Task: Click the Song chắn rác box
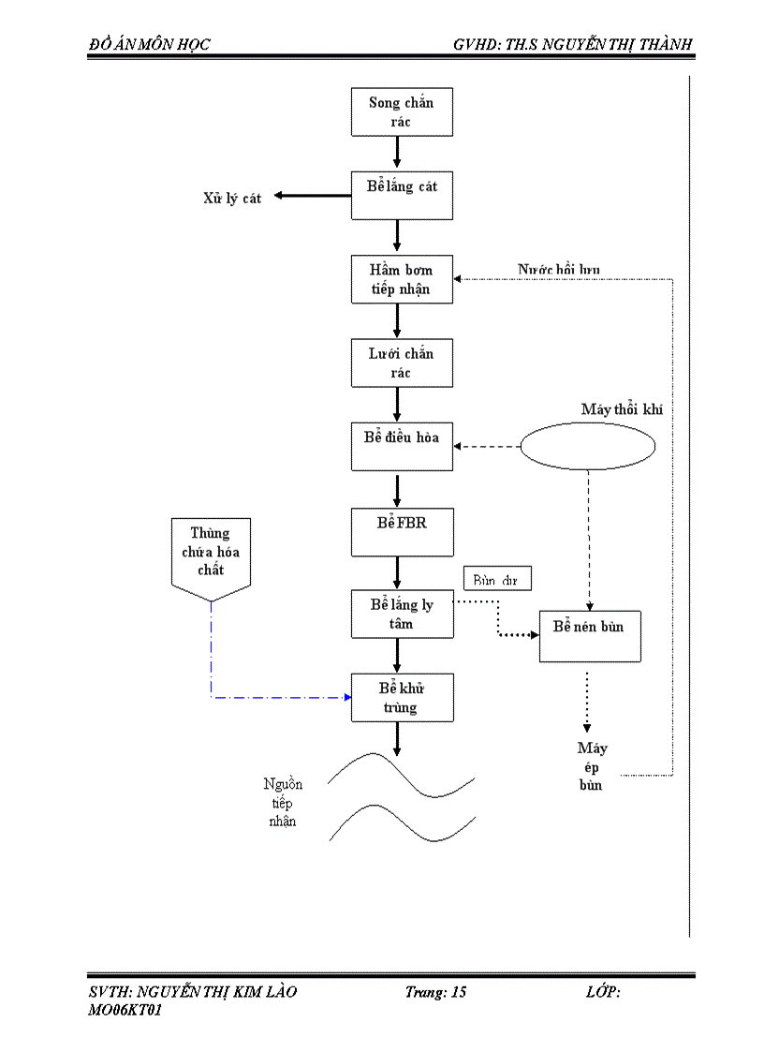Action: coord(402,111)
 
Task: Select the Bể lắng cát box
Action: coord(402,195)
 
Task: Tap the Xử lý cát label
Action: coord(232,198)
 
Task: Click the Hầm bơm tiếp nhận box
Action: coord(402,279)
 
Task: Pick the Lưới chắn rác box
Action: coord(402,363)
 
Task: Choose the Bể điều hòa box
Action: coord(402,446)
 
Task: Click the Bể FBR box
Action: coord(402,531)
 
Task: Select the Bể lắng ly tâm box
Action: coord(402,615)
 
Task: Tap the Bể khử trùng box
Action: coord(402,698)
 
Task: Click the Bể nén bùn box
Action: coord(589,636)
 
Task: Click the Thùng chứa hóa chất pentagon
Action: coord(211,556)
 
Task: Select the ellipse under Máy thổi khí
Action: coord(587,447)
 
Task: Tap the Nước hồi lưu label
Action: coord(559,270)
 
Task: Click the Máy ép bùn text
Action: coord(592,766)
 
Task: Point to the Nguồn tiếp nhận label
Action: coord(282,803)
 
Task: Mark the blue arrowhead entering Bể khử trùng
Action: coord(346,697)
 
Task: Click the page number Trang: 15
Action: coord(435,992)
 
